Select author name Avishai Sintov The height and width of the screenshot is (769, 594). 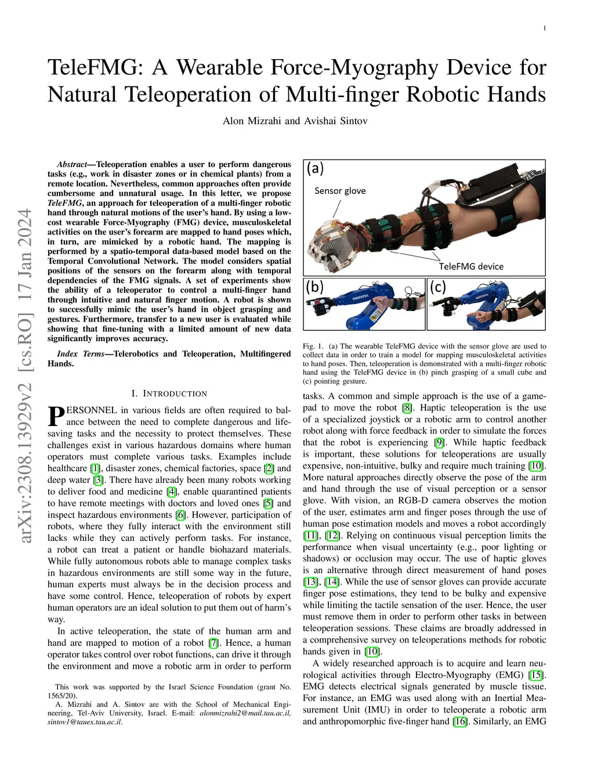point(336,121)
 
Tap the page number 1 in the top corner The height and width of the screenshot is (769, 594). point(545,28)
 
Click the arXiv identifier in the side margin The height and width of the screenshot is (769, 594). point(26,376)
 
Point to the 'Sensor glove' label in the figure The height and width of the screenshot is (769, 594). point(340,191)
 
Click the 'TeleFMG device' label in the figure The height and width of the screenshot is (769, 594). point(471,266)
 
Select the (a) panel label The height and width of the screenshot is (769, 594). point(315,168)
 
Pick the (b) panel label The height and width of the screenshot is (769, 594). point(314,287)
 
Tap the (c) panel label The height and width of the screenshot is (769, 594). point(438,287)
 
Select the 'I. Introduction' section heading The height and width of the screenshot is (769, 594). point(169,393)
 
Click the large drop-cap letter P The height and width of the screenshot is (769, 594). point(56,416)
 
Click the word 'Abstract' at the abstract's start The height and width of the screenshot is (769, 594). point(72,165)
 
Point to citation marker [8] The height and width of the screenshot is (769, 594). point(407,407)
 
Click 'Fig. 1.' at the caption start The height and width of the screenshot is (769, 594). point(313,346)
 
